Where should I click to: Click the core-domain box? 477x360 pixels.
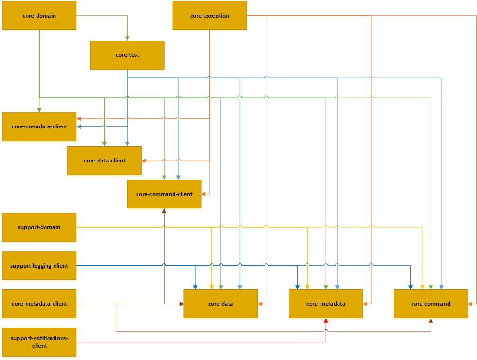point(39,16)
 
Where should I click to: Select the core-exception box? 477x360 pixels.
point(209,16)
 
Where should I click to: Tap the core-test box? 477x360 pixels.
point(127,55)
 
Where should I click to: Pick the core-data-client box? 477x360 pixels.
point(104,161)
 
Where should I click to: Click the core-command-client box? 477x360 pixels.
point(164,194)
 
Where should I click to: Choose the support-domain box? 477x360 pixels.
point(39,227)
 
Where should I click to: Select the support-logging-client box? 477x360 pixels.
point(39,266)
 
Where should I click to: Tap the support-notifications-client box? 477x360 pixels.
point(39,342)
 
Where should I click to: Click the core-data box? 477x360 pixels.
point(220,304)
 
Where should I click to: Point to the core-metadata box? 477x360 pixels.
point(326,304)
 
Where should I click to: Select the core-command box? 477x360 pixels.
point(431,304)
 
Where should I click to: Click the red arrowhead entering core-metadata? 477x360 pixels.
point(326,321)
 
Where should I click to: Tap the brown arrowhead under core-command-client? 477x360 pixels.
point(164,211)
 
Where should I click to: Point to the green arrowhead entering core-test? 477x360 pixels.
point(127,38)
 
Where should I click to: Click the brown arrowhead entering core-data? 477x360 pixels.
point(181,304)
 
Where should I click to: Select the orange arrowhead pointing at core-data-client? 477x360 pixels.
point(144,161)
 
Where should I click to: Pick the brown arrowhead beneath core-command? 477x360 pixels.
point(431,321)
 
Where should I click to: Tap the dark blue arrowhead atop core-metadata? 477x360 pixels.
point(297,287)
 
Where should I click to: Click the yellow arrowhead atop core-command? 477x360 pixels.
point(422,287)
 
